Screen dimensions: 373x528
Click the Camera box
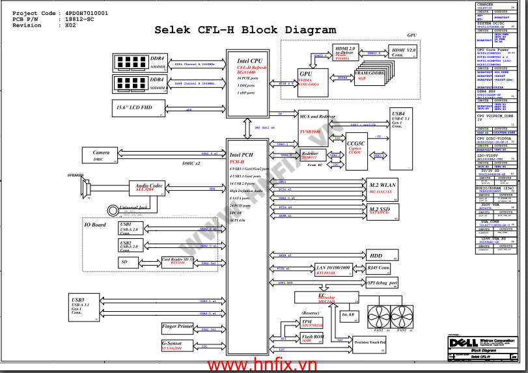(x=105, y=155)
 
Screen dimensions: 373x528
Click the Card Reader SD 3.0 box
(x=178, y=262)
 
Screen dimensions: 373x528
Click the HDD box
(x=380, y=255)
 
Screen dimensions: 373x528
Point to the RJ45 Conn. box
(x=380, y=268)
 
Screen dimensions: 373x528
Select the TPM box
(x=311, y=323)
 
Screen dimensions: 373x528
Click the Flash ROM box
(x=312, y=338)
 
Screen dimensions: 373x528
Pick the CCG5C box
(x=356, y=146)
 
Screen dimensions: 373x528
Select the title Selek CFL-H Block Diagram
(x=245, y=30)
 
